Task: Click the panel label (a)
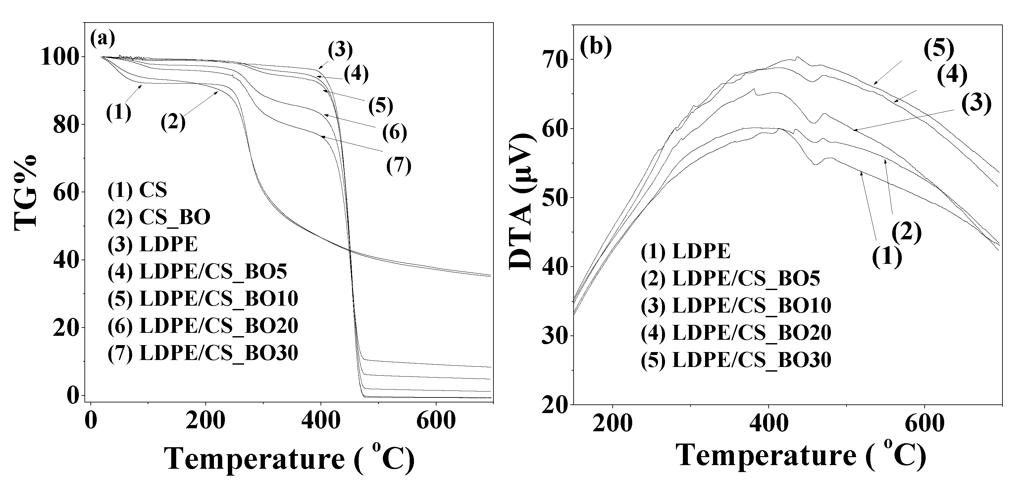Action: tap(102, 38)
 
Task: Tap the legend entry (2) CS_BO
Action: tap(159, 217)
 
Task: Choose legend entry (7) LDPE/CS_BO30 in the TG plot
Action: tap(203, 353)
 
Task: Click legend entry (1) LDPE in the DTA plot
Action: tap(686, 251)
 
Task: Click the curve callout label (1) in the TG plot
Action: tap(118, 112)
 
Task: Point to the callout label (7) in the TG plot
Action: tap(399, 165)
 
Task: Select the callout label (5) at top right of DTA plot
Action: tap(939, 50)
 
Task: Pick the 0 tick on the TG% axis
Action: tap(72, 395)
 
